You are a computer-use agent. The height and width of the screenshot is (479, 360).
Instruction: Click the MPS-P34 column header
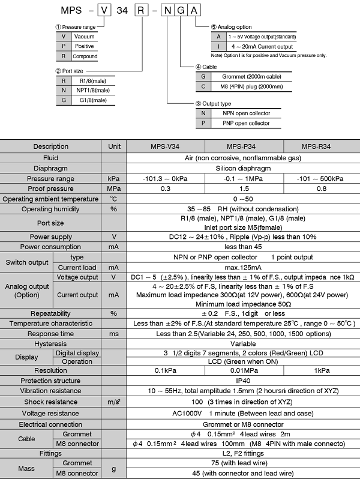coord(244,146)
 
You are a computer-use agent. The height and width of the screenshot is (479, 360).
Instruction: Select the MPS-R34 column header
coord(321,146)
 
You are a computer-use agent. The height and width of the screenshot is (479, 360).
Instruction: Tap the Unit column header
coord(114,146)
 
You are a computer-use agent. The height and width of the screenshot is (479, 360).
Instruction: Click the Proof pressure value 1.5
coord(244,188)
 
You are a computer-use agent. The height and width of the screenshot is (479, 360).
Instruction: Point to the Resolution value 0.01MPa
coord(244,370)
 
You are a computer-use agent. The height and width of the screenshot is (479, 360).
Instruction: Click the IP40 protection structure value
coord(244,381)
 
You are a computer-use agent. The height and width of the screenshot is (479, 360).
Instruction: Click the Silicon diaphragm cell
coord(244,168)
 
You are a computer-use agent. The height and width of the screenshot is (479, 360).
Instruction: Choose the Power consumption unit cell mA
coord(114,247)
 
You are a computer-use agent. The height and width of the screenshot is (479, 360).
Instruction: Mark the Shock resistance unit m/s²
coord(114,402)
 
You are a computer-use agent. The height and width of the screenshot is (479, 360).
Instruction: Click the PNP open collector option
coord(246,123)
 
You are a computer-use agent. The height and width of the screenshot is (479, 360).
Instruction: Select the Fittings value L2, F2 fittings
coord(244,454)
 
